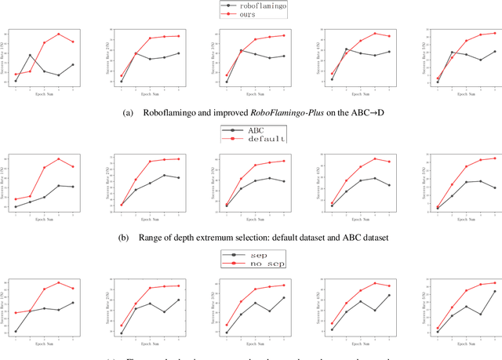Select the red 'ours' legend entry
point(249,14)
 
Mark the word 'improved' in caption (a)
point(235,112)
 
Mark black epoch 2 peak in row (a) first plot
point(30,55)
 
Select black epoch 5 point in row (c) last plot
point(495,291)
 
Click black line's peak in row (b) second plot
point(164,175)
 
